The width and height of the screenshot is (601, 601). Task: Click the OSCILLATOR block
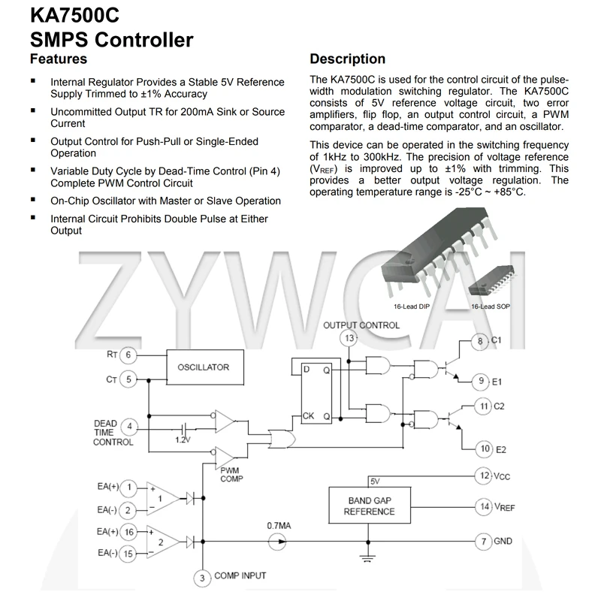coord(203,367)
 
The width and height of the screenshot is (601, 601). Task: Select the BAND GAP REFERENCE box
coord(369,506)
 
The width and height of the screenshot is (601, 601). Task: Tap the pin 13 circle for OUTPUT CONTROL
coord(349,339)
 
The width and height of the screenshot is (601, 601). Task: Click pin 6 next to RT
coord(128,355)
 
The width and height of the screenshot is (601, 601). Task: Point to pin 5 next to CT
coord(128,379)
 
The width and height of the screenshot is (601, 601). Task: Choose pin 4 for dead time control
coord(128,427)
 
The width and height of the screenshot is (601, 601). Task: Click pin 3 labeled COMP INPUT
coord(202,578)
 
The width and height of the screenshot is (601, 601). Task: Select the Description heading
coord(347,59)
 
